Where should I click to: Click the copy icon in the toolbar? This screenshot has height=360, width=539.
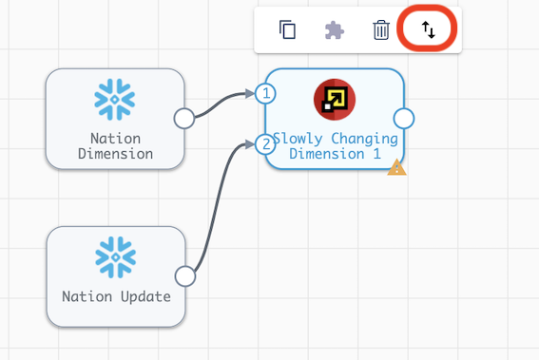point(287,29)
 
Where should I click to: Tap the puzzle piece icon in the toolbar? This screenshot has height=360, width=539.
point(334,29)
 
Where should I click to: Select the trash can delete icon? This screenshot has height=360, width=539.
point(381,29)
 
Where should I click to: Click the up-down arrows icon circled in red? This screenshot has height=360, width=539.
point(429,29)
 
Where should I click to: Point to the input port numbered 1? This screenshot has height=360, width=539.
point(267,93)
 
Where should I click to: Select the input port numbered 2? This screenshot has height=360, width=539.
point(267,144)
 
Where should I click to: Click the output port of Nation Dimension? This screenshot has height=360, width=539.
point(184,118)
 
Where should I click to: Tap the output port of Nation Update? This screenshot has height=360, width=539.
point(185,276)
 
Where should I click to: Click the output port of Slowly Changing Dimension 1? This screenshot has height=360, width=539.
point(404,118)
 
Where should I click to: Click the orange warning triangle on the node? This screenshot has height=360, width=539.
point(396,168)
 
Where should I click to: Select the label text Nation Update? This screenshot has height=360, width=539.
point(116,296)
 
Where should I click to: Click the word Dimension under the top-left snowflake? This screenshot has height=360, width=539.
point(115,154)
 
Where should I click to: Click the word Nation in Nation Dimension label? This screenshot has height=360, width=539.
point(115,139)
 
